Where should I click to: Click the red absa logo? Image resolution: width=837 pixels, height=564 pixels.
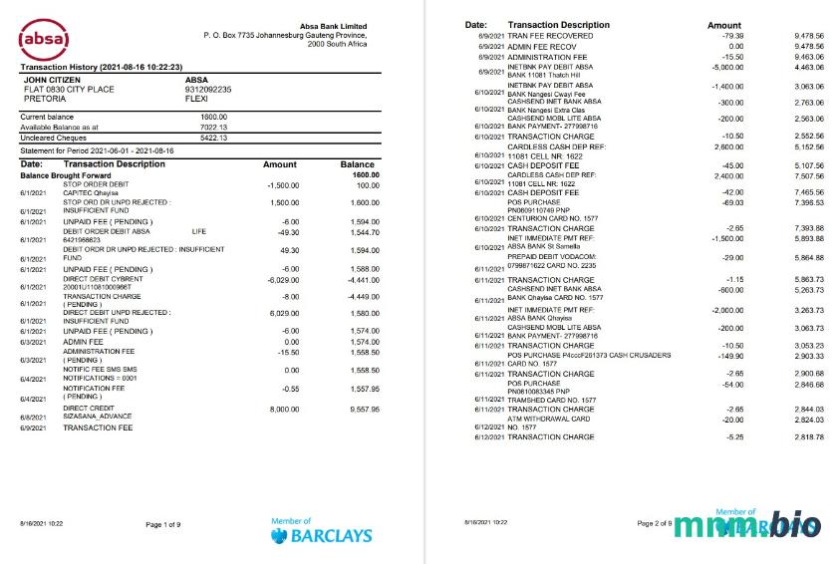coord(45,41)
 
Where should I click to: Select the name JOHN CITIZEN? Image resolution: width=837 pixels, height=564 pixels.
coord(54,79)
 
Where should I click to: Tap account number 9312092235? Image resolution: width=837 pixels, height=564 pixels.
coord(208,90)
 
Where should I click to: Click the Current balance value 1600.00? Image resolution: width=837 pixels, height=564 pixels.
coord(214,117)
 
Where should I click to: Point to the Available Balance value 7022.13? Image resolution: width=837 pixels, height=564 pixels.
coord(213,127)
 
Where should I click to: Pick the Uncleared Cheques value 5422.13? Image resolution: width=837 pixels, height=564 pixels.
coord(213,137)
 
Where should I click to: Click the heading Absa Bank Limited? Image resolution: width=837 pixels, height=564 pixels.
coord(333,26)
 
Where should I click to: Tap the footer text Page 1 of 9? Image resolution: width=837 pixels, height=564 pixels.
coord(163,524)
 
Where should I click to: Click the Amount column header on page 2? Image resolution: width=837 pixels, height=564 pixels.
coord(723,25)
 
